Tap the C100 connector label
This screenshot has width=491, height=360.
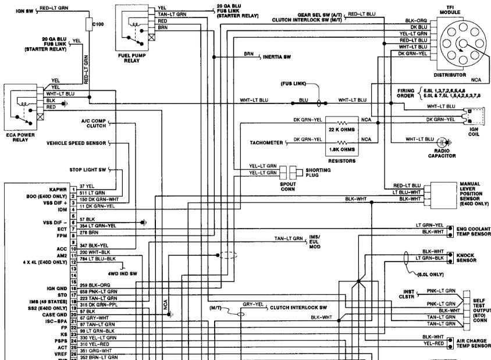tap(98, 26)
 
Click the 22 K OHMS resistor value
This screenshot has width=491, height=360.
tap(343, 129)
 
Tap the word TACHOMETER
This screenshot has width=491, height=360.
tap(266, 142)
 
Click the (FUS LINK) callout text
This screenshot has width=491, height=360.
tap(293, 83)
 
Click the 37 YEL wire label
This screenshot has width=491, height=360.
tap(86, 186)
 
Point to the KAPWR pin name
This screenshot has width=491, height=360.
tap(59, 190)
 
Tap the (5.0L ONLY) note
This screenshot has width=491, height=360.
tap(431, 274)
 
